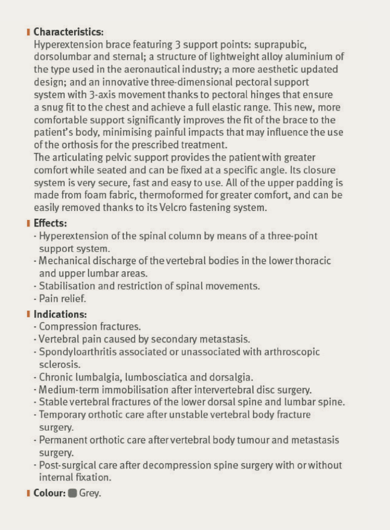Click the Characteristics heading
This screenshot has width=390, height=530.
click(x=68, y=32)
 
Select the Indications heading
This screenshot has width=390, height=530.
click(x=60, y=314)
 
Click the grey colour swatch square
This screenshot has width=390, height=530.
click(x=72, y=493)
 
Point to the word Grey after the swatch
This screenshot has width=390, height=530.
click(x=90, y=494)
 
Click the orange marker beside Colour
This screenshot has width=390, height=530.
click(x=28, y=493)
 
